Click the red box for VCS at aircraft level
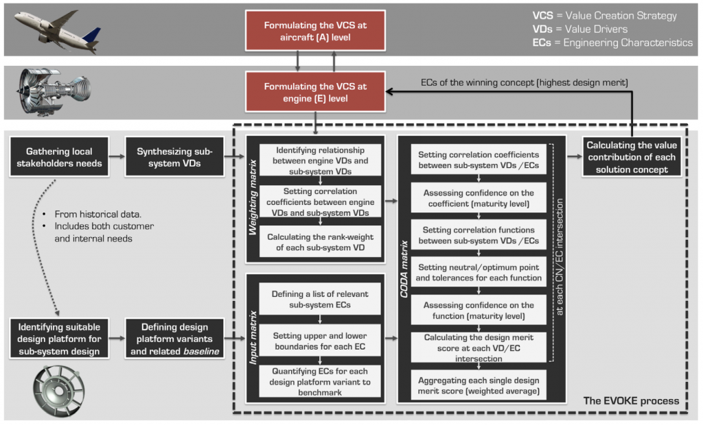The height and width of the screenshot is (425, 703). (315, 30)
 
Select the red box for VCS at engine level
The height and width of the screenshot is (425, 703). (315, 92)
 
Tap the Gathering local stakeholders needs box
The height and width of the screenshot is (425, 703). (59, 157)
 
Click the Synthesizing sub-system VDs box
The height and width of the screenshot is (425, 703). (174, 157)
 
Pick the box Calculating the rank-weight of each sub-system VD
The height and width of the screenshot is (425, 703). (320, 242)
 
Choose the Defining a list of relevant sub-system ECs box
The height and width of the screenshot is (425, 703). (320, 299)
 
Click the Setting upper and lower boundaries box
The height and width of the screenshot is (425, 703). (320, 341)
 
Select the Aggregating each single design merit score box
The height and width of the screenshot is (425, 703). (479, 385)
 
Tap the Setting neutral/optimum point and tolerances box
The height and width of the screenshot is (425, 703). (479, 272)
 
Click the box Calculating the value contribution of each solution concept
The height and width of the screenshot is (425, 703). (632, 157)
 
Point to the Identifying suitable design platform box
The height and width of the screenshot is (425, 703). (59, 339)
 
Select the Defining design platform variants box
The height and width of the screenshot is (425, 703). (174, 339)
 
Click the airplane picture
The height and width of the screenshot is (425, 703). (57, 31)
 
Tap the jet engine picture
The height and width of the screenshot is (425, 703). (53, 92)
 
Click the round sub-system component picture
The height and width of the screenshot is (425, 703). (59, 391)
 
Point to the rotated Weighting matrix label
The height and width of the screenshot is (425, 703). (253, 197)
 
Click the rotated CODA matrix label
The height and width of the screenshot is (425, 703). (404, 269)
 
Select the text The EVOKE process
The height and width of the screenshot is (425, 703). (631, 401)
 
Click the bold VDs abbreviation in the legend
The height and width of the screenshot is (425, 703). (542, 29)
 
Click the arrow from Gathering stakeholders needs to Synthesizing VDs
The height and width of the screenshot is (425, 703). (117, 156)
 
